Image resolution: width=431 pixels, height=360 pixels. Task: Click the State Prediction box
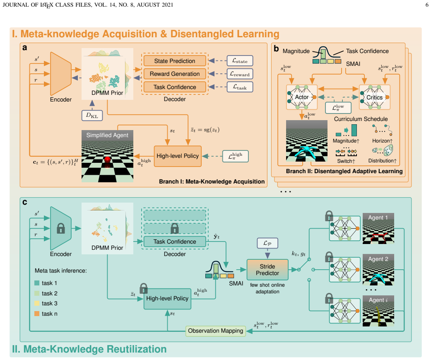point(175,61)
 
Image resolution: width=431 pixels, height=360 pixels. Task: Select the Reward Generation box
point(175,74)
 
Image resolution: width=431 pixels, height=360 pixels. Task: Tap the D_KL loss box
point(92,116)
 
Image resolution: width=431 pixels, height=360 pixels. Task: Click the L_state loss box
point(240,61)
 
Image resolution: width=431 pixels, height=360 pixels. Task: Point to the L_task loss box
point(240,87)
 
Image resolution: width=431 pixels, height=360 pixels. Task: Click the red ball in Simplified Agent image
point(108,159)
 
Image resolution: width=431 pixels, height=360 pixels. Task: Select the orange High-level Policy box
point(178,156)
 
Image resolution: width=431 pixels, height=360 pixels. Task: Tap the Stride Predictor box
point(267,270)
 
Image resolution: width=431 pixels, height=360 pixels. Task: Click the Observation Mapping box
point(215,331)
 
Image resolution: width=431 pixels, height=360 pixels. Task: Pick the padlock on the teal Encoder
point(61,228)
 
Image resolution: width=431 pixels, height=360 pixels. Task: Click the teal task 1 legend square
point(37,283)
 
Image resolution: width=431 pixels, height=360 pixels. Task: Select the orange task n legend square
point(37,314)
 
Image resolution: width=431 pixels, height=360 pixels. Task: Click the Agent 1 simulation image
point(378,228)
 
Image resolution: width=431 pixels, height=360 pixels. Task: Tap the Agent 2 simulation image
point(378,270)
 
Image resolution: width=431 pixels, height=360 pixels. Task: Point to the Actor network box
point(302,97)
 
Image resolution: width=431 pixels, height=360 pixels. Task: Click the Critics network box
point(375,97)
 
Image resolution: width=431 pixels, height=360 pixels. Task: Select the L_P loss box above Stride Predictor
point(267,243)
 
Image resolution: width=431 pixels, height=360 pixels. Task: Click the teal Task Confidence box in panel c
point(175,242)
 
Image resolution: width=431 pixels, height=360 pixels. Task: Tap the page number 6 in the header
point(426,5)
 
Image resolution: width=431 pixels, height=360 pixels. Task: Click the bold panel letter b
point(276,49)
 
